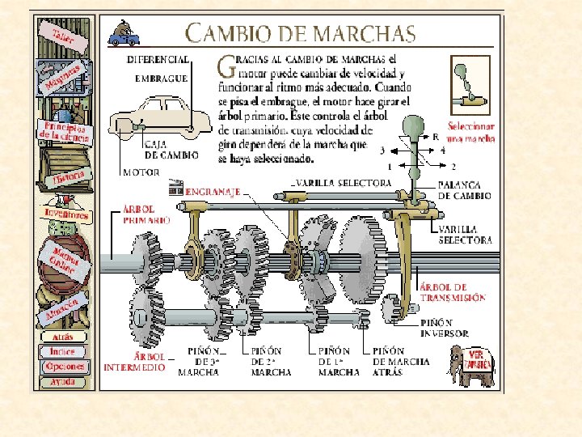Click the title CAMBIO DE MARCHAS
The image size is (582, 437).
click(300, 34)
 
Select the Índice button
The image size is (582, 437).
click(61, 351)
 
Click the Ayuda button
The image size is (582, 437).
click(61, 380)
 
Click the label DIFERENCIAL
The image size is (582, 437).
click(158, 59)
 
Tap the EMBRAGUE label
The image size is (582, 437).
click(161, 78)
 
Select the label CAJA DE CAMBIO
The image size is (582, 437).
click(167, 150)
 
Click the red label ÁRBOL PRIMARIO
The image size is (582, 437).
click(146, 213)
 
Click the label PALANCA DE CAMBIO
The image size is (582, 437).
click(464, 190)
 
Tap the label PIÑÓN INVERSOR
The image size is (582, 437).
click(444, 327)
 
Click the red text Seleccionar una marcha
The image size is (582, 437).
click(470, 132)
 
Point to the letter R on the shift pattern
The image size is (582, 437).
click(436, 138)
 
